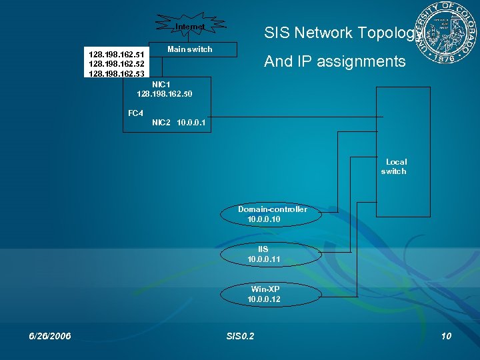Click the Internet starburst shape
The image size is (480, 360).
coord(190,27)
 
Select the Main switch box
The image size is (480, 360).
coord(190,49)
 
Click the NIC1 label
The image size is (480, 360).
coord(161,85)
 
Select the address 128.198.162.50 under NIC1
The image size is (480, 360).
coord(165,95)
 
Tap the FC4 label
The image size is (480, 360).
coord(135,113)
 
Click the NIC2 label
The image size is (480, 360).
coord(161,123)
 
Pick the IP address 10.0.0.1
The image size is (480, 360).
coord(191,123)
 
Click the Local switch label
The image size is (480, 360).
coord(394,167)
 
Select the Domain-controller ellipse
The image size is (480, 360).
coord(273,214)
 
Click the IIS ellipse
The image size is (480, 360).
coord(263,254)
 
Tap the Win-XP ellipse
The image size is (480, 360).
coord(264,294)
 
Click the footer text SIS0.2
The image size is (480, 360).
coord(240,336)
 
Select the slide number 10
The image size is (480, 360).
coord(446,336)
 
